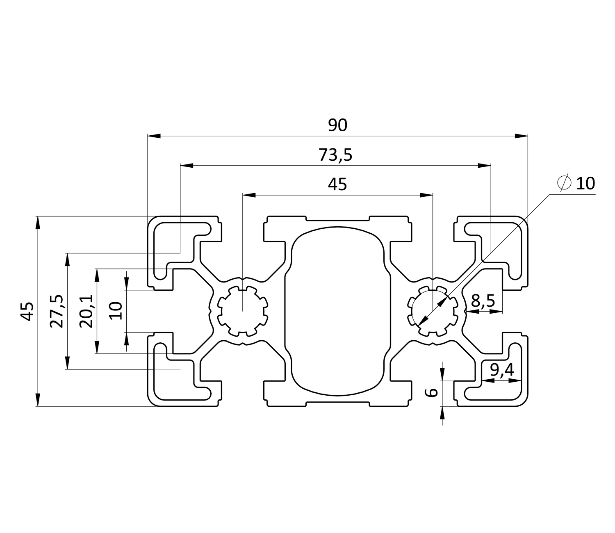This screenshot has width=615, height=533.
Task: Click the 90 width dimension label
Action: pos(337,125)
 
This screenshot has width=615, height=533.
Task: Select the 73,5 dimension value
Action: pos(335,155)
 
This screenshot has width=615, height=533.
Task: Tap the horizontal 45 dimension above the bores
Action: pos(337,185)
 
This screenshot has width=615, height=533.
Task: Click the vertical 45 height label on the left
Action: pos(27,311)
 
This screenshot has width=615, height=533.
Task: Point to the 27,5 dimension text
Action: pos(57,311)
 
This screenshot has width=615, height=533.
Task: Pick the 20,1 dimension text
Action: pos(86,311)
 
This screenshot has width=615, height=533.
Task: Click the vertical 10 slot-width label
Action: pos(116,310)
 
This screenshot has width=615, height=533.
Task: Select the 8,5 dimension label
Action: pos(483,301)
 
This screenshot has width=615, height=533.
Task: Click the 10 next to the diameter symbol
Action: pos(585,184)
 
